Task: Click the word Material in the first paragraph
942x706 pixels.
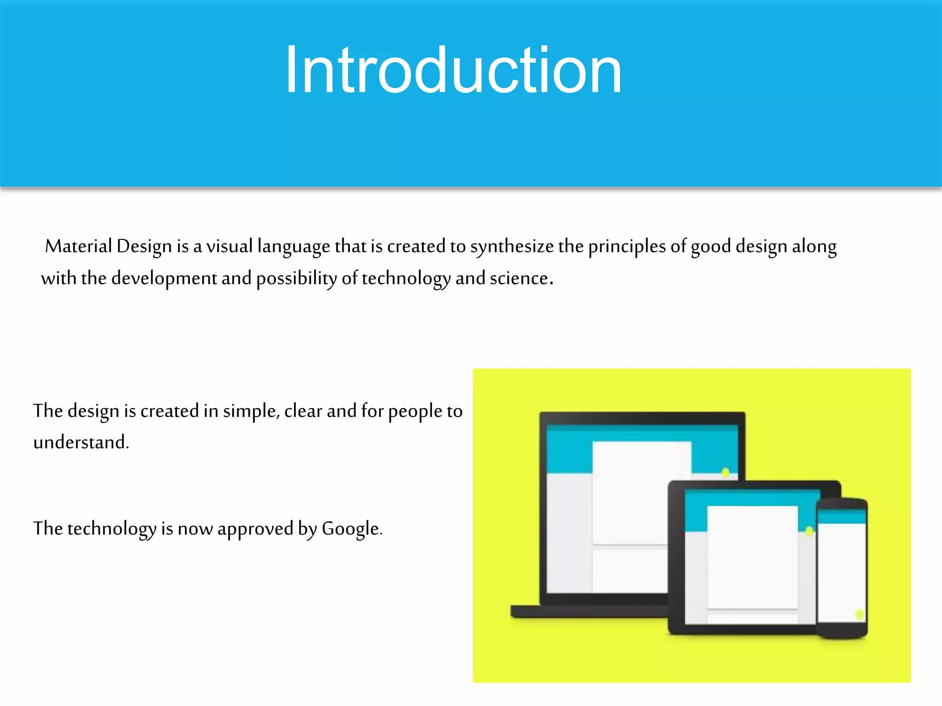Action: pos(78,246)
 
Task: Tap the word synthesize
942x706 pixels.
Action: pos(511,247)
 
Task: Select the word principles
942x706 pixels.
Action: pos(626,247)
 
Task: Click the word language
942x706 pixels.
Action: pos(293,247)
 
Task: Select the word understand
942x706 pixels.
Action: pos(80,442)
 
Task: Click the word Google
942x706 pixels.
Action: pos(350,529)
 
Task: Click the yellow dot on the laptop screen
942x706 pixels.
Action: pos(725,472)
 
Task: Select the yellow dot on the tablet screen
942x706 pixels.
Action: pos(809,531)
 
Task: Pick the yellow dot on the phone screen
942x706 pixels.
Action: pos(859,614)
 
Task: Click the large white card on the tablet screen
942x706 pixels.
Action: pos(752,556)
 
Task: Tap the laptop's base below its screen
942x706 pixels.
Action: pos(589,611)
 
